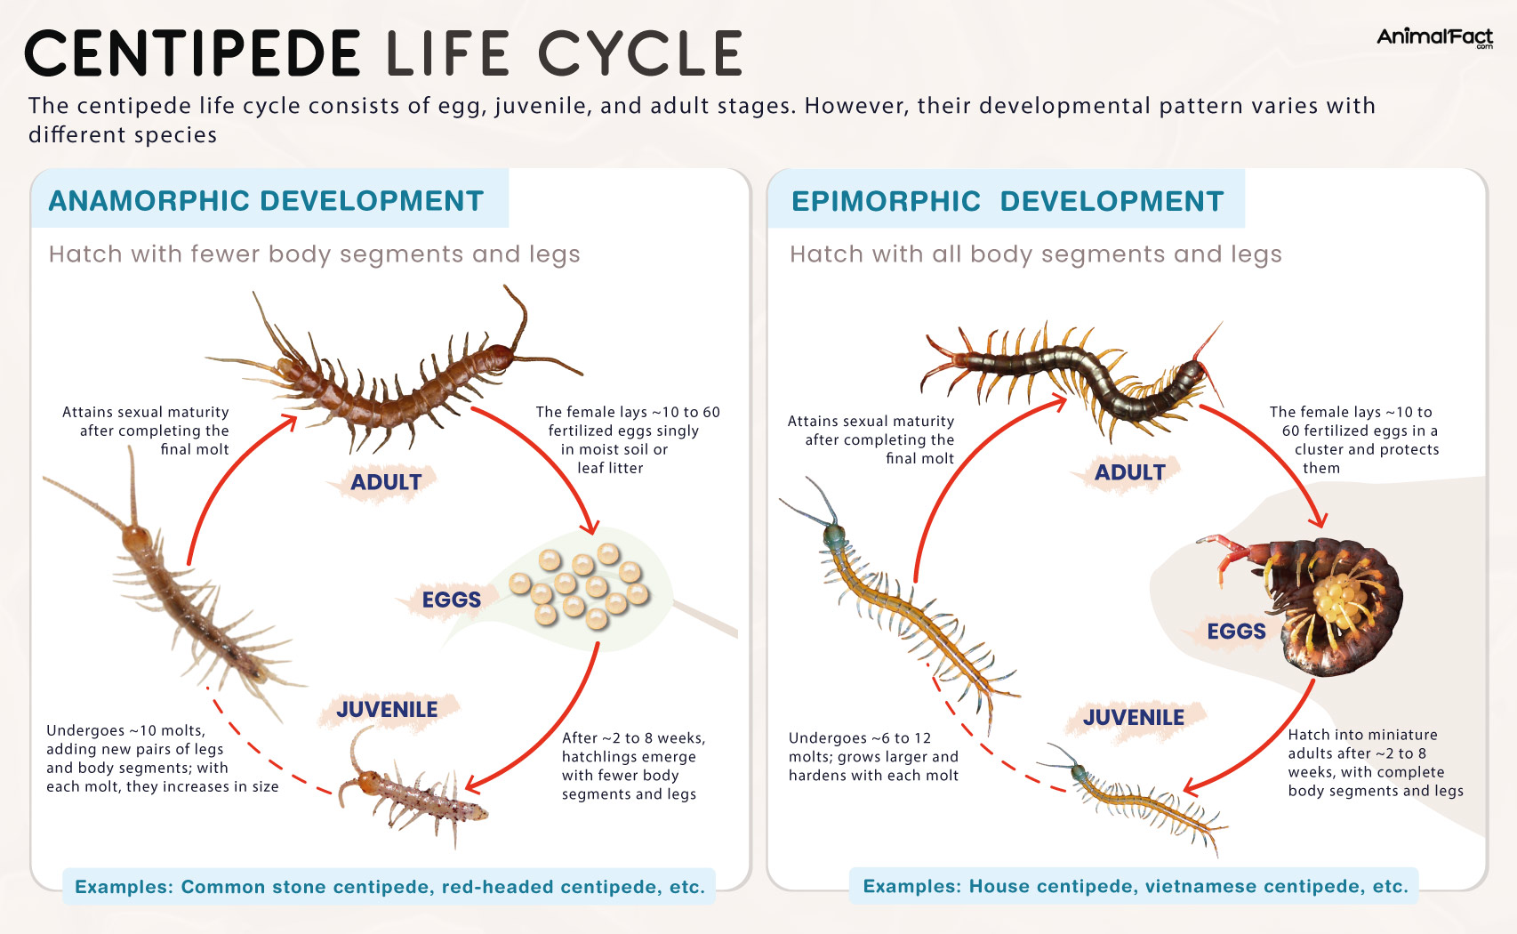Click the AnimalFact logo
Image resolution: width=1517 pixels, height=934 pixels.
[1433, 37]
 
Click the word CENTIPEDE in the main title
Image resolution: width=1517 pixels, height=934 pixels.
[193, 53]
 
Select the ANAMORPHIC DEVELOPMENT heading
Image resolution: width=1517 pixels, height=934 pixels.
[266, 201]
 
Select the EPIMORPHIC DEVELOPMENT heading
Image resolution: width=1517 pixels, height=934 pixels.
[1007, 201]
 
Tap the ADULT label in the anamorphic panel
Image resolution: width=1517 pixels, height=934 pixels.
[386, 482]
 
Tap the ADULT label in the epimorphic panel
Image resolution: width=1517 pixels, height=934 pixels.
[1129, 472]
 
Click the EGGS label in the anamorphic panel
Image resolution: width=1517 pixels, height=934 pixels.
[451, 600]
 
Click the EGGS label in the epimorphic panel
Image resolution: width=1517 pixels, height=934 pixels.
[1236, 632]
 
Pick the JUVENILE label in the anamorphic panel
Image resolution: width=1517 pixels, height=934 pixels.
[387, 710]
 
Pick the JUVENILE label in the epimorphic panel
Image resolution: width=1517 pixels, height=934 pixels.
[1133, 718]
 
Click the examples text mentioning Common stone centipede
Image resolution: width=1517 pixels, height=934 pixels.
[389, 887]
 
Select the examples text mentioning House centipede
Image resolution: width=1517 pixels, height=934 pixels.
[1136, 886]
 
